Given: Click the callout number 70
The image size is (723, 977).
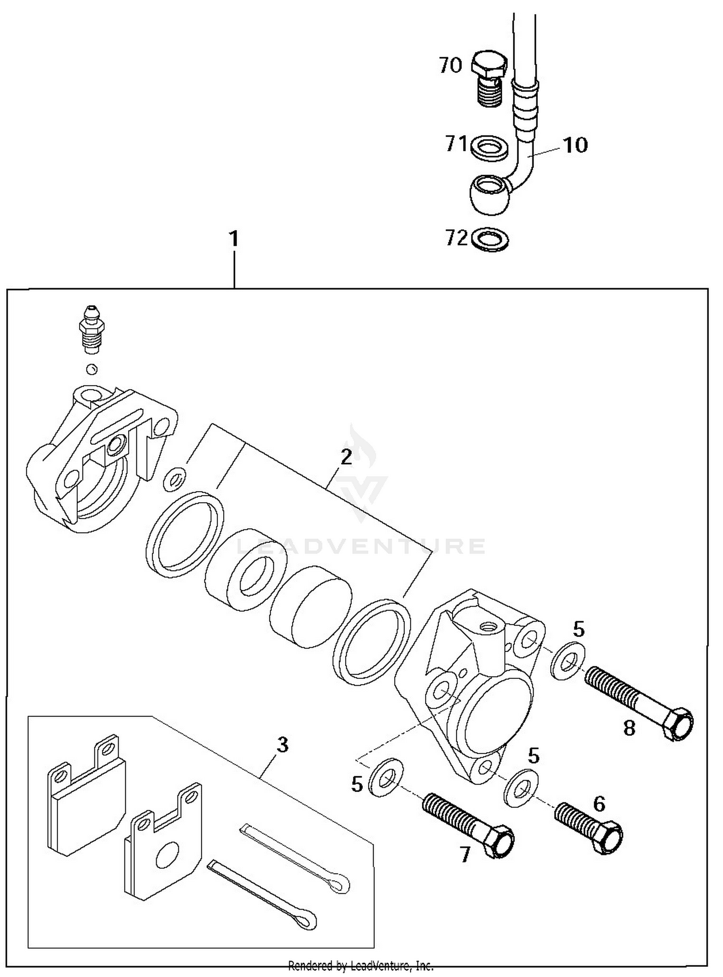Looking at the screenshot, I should coord(450,65).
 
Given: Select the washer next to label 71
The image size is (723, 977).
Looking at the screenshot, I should coord(488,147).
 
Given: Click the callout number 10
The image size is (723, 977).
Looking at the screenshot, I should coord(575,145).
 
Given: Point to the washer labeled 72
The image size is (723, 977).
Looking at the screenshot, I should coord(490,239).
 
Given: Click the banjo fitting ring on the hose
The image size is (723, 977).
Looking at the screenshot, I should coord(488,194).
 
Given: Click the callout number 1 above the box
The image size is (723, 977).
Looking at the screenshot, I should coord(234,239).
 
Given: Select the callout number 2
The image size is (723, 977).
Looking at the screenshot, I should coord(346,457).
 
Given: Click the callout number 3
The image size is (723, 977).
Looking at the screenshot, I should coord(282,744).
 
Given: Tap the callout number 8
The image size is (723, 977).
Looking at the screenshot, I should coord(629,729).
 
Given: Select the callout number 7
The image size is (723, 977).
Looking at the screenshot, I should coord(465,855).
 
